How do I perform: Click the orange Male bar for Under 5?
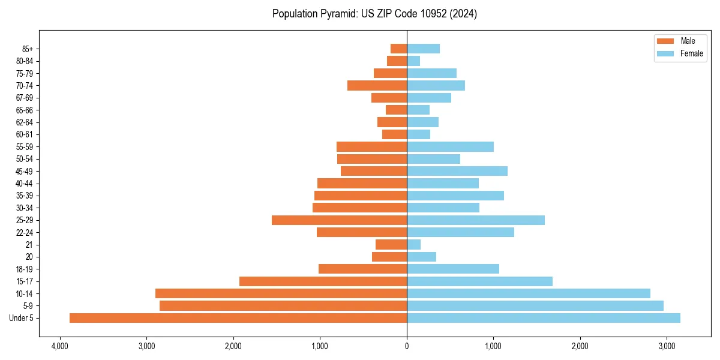(x=238, y=318)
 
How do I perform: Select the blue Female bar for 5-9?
(x=535, y=306)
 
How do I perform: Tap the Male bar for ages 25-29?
(x=339, y=220)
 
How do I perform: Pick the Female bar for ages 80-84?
(x=413, y=61)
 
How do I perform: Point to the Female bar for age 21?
(x=413, y=245)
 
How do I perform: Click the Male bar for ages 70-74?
(x=377, y=85)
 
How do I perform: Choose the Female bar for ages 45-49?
(x=457, y=171)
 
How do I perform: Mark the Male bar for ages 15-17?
(x=323, y=281)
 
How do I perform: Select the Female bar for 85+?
(x=423, y=49)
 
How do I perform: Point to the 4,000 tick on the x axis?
(x=59, y=346)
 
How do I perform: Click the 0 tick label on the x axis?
(x=407, y=346)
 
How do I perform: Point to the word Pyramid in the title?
(x=337, y=14)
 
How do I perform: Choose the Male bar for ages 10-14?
(x=281, y=293)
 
